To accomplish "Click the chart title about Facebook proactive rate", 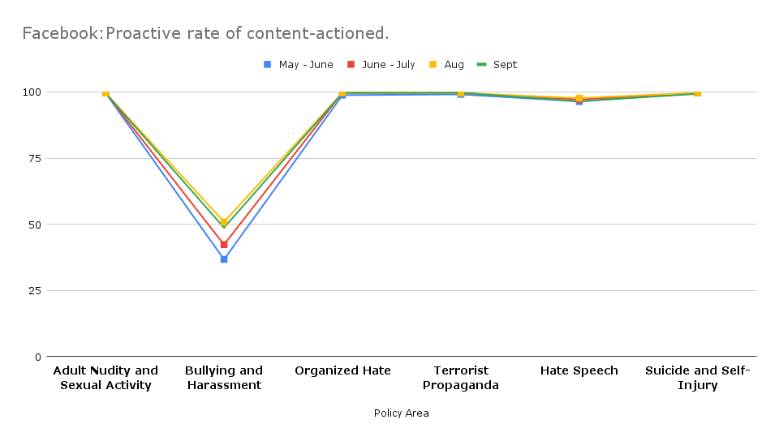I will pyautogui.click(x=205, y=33).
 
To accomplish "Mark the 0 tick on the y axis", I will pyautogui.click(x=37, y=357).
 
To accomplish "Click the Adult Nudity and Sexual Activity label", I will pyautogui.click(x=105, y=378).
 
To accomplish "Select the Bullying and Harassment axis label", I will pyautogui.click(x=224, y=378).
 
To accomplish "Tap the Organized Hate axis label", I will pyautogui.click(x=342, y=370).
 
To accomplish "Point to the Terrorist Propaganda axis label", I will pyautogui.click(x=461, y=378).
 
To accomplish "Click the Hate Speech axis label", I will pyautogui.click(x=579, y=370).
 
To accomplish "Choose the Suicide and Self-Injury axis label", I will pyautogui.click(x=698, y=378).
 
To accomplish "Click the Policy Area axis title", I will pyautogui.click(x=402, y=413).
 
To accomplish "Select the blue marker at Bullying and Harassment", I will pyautogui.click(x=224, y=259).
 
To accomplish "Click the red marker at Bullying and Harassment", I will pyautogui.click(x=224, y=244).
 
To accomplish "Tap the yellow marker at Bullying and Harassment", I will pyautogui.click(x=224, y=221).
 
